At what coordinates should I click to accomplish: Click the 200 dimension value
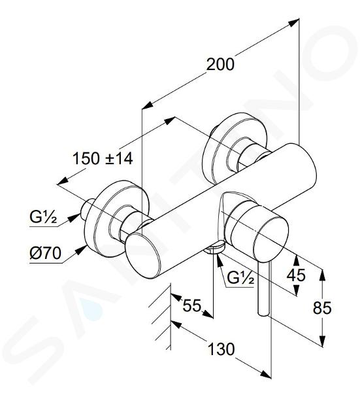(x=220, y=64)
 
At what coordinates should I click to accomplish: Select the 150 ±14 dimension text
(x=103, y=159)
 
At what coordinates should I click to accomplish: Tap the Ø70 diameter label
(x=46, y=253)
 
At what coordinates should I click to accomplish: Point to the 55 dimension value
(x=191, y=305)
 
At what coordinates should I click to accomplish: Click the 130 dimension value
(x=221, y=349)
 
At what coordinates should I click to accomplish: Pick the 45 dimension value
(x=296, y=275)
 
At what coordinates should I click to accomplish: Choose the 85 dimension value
(x=322, y=307)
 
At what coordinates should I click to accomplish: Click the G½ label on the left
(x=43, y=217)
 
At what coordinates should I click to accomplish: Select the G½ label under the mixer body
(x=240, y=277)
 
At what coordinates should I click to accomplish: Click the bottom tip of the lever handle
(x=263, y=314)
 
